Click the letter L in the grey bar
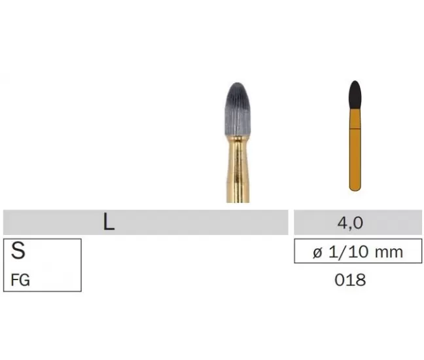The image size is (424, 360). click(109, 222)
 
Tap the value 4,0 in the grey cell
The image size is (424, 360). click(350, 223)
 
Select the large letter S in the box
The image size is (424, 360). click(18, 251)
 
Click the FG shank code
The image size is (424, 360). click(20, 279)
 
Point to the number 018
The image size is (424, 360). click(350, 279)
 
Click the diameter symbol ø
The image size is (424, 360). click(318, 252)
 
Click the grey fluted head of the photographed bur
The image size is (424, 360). click(238, 110)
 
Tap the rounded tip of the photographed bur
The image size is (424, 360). click(238, 84)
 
